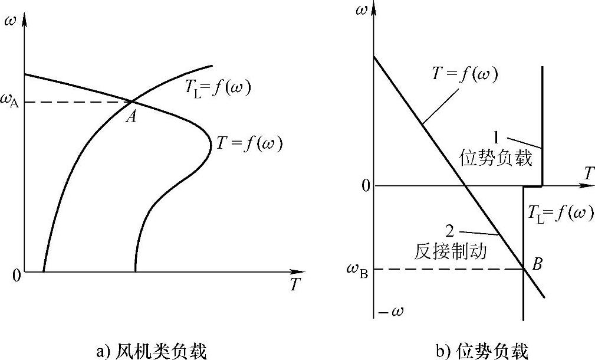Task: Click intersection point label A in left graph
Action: click(132, 117)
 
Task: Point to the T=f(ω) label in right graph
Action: click(465, 74)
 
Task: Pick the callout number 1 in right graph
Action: click(495, 137)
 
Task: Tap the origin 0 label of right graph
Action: click(366, 186)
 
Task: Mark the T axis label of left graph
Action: click(295, 284)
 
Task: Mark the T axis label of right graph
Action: click(588, 174)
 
